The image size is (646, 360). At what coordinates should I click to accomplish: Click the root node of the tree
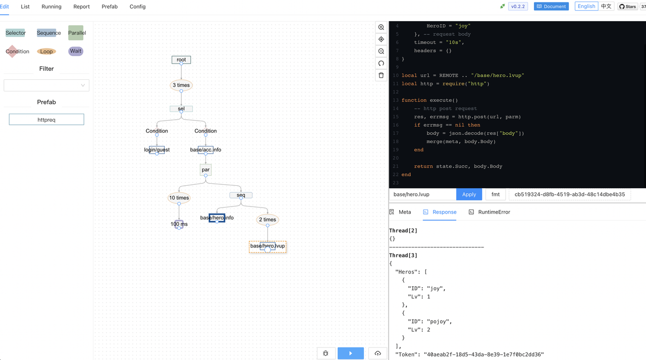(181, 60)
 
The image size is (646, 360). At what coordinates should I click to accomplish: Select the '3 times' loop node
(181, 85)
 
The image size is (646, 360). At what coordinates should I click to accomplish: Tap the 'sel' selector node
(181, 109)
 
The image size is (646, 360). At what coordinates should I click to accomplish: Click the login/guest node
(157, 150)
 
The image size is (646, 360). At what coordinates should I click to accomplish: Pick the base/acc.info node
(205, 150)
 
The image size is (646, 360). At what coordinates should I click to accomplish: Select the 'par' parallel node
(205, 170)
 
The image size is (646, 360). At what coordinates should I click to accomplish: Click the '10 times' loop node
(179, 198)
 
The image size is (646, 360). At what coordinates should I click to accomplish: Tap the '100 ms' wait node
(179, 224)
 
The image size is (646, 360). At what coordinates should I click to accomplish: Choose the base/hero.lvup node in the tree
(267, 246)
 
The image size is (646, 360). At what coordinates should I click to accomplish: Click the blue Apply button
(469, 194)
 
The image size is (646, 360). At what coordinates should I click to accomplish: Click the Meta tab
(400, 212)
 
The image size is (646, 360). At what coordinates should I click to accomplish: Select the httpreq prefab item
(46, 120)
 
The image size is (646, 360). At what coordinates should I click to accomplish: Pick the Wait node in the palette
(76, 51)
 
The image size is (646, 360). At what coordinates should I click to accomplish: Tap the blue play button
(351, 353)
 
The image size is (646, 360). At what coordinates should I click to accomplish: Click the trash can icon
(381, 75)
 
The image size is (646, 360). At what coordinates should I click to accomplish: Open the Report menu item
(81, 7)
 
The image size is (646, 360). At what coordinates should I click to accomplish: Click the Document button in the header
(551, 7)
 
